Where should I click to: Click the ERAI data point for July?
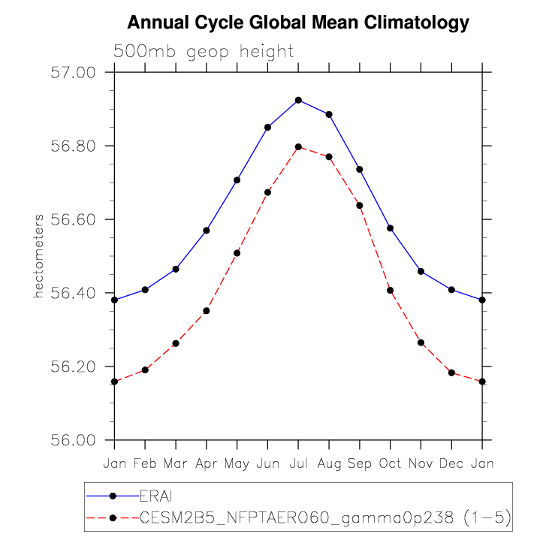click(298, 100)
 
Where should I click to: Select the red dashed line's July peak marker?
click(298, 146)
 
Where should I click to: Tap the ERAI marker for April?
click(207, 231)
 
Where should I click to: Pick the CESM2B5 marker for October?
click(391, 290)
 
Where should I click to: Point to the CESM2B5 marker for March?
click(176, 343)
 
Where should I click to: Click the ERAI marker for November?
click(421, 271)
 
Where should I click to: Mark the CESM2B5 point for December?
click(451, 373)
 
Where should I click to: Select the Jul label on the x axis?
click(298, 464)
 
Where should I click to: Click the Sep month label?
click(360, 464)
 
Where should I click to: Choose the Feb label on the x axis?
click(145, 464)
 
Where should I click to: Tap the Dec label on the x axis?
click(451, 464)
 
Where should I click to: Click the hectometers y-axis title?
click(38, 255)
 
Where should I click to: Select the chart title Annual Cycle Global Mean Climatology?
click(298, 23)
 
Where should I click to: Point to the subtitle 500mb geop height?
click(204, 52)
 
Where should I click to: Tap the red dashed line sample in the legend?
click(113, 517)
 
